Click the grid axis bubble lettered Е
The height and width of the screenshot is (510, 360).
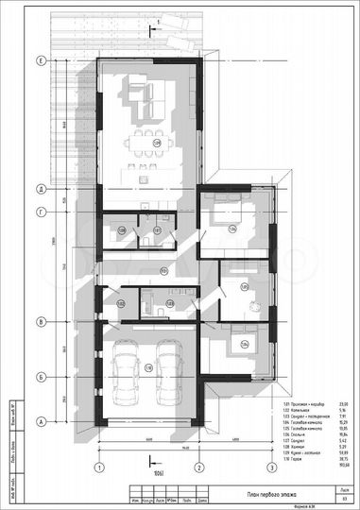[41, 60]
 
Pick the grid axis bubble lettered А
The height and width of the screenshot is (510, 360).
[41, 421]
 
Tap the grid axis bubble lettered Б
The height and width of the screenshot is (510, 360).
[41, 377]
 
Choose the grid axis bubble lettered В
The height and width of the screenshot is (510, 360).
[41, 322]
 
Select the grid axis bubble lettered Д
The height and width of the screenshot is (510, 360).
[41, 189]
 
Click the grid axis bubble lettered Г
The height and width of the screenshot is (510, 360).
[41, 213]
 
